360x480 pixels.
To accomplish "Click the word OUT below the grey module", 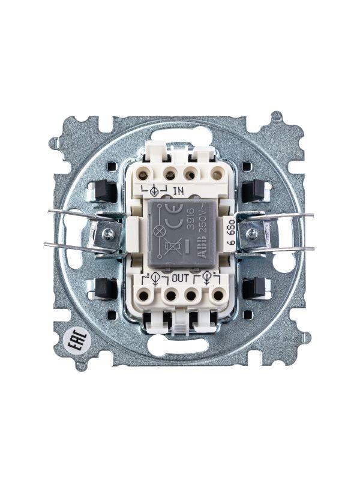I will [180, 278].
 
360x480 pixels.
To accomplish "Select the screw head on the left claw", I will [107, 231].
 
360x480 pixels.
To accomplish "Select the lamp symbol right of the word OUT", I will [207, 278].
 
